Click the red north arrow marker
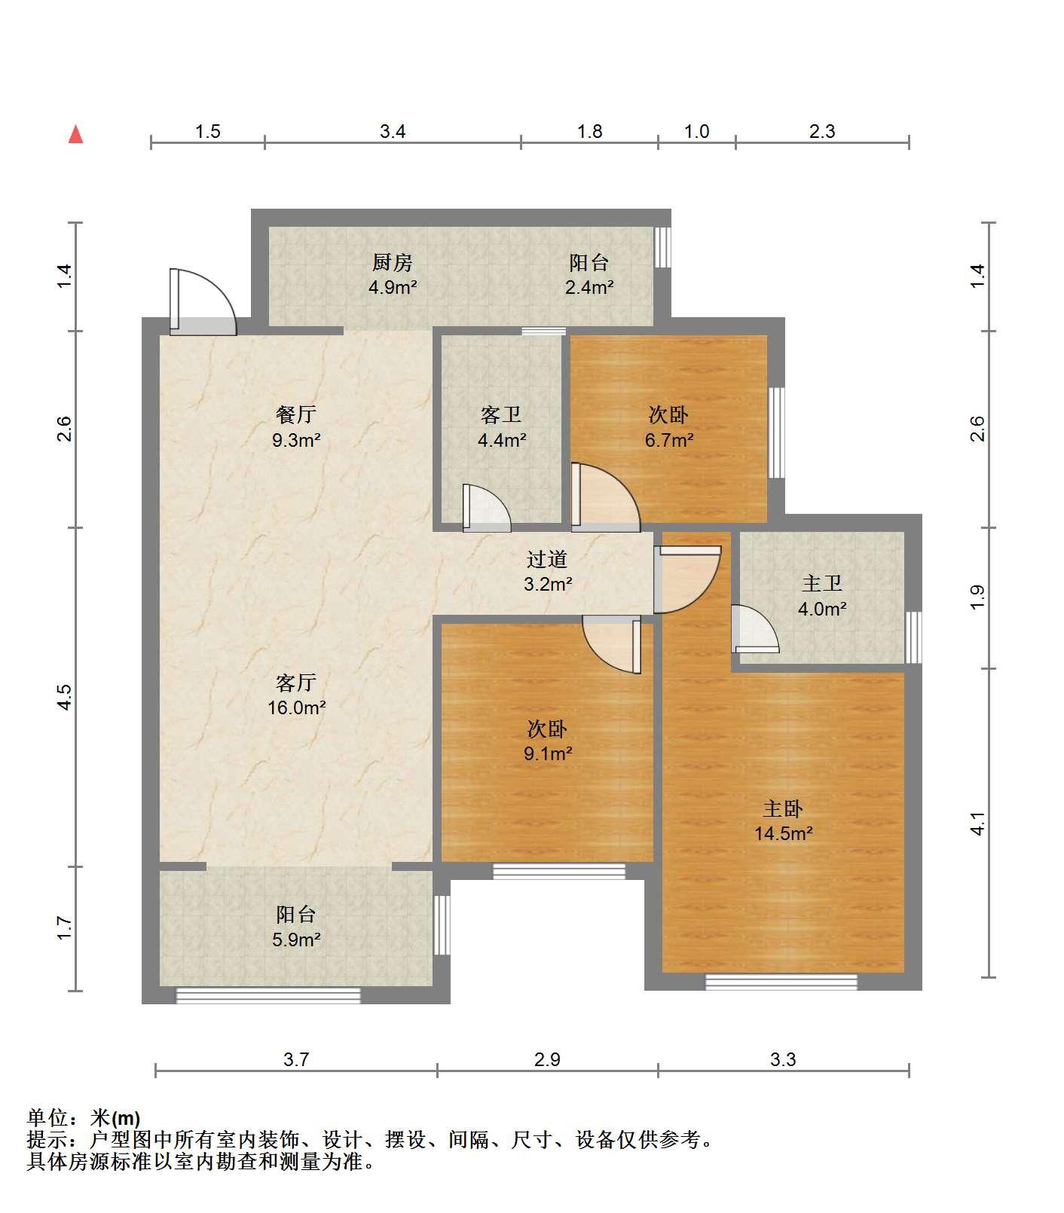tap(75, 134)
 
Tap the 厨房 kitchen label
tap(393, 263)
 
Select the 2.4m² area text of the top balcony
tap(589, 287)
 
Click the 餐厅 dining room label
tap(296, 414)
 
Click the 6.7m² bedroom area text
tap(669, 440)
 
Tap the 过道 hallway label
tap(547, 559)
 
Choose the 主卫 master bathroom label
tap(821, 583)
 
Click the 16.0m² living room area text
tap(296, 707)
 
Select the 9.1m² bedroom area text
tap(548, 753)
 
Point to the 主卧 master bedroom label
tap(783, 808)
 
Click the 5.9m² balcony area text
tap(296, 940)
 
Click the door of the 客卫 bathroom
tap(486, 507)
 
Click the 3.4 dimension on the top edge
tap(393, 132)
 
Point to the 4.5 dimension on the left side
tap(66, 696)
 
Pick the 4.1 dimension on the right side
tap(977, 823)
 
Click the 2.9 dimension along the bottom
tap(547, 1059)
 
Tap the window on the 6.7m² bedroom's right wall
tap(776, 432)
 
